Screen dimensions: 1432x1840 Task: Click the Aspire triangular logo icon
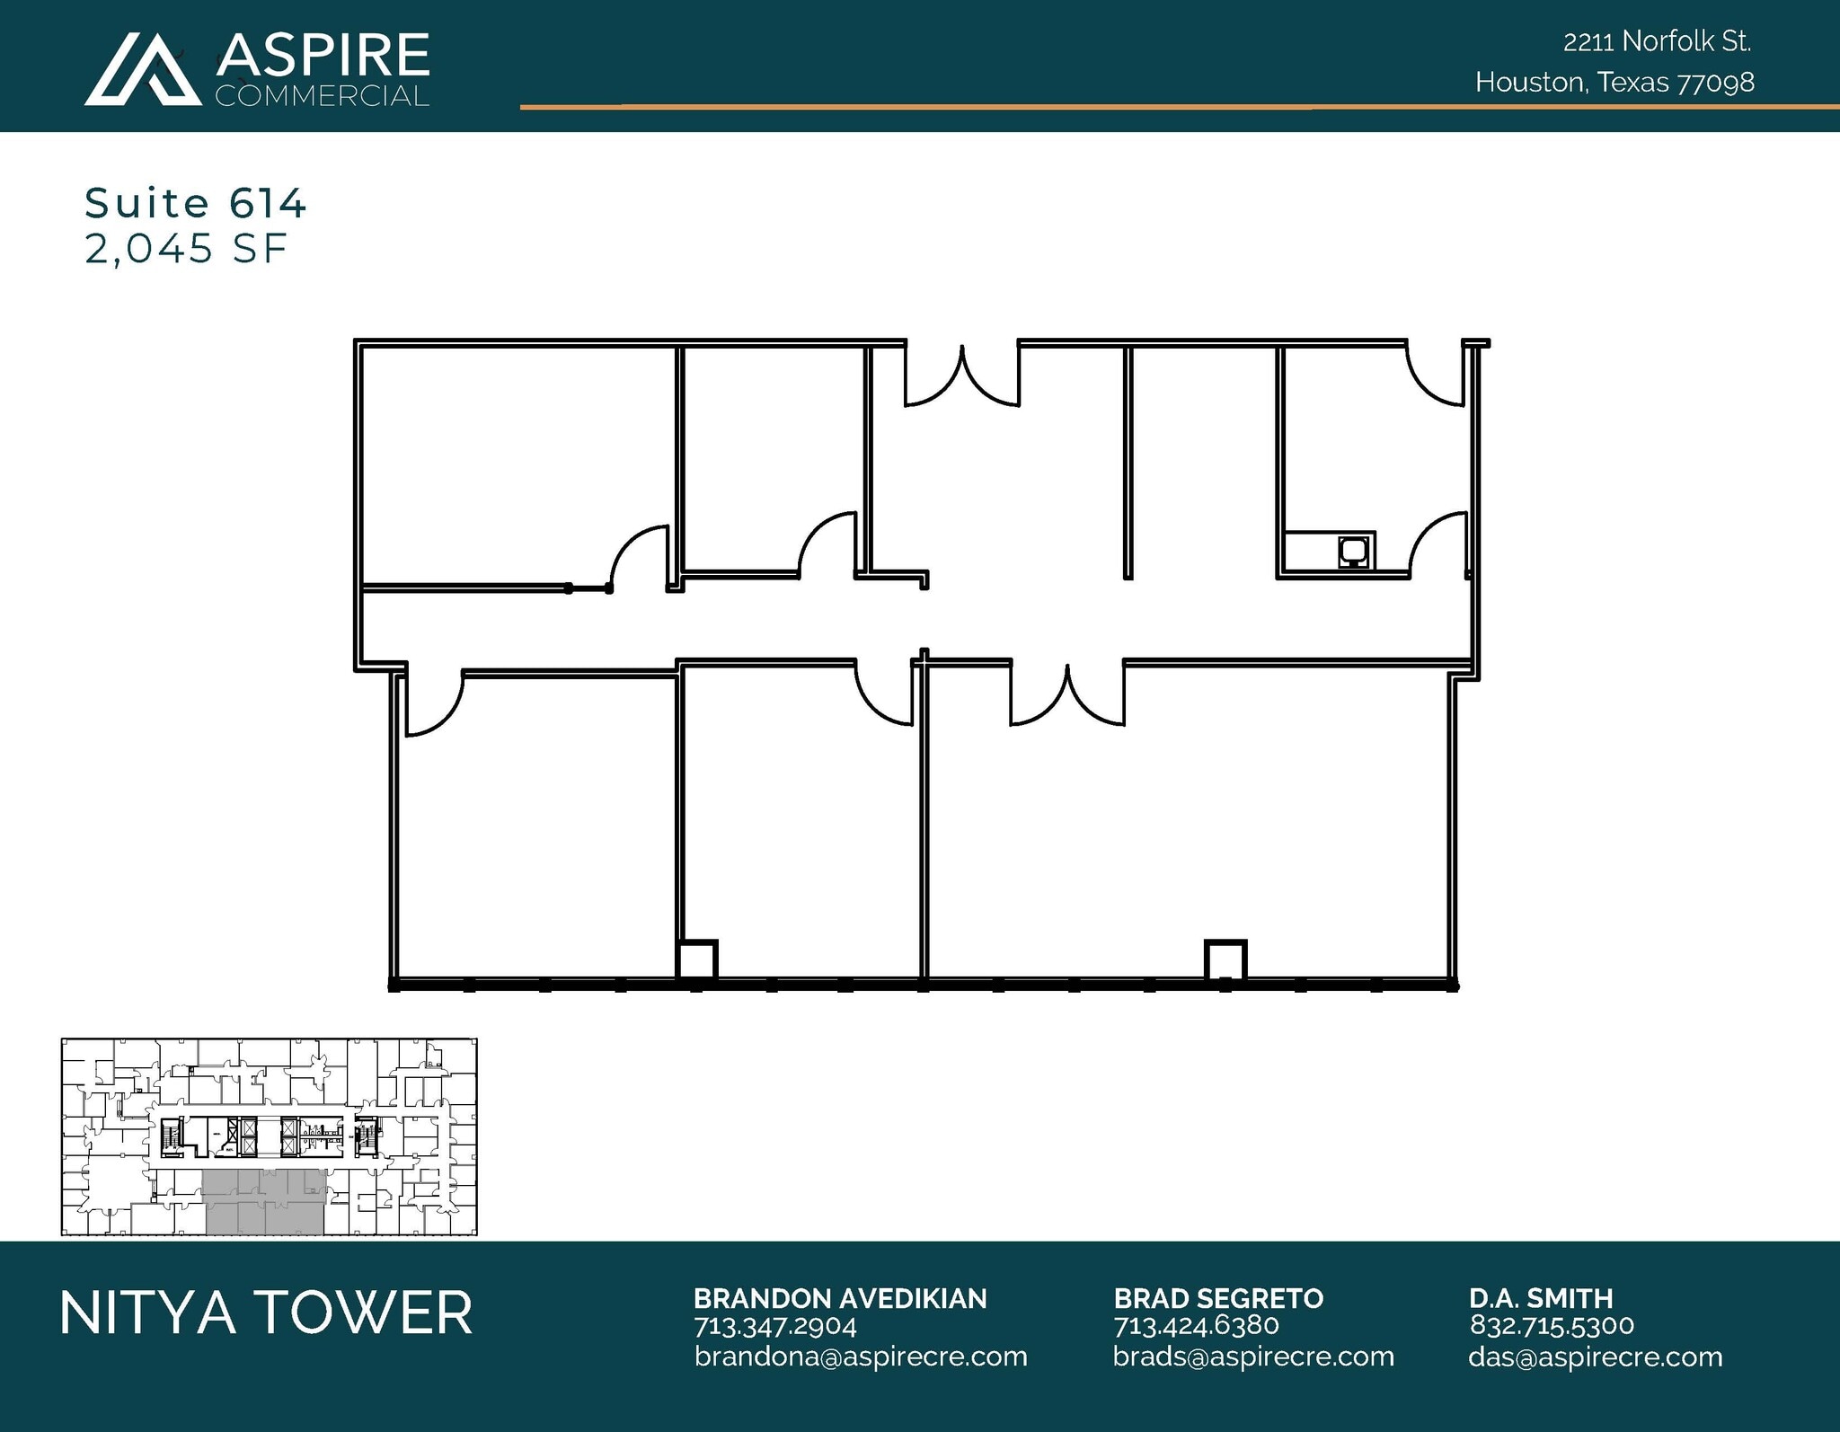click(143, 71)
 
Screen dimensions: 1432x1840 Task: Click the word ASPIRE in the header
click(323, 56)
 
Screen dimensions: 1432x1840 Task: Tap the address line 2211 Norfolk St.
click(1657, 41)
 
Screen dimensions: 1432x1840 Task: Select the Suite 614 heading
click(195, 203)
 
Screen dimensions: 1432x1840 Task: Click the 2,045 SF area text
click(186, 249)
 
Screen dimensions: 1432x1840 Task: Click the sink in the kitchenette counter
click(1353, 551)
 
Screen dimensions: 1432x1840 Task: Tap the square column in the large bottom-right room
click(1225, 960)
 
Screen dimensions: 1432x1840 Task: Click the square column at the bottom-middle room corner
click(696, 960)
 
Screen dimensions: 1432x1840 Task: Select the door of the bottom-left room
click(433, 703)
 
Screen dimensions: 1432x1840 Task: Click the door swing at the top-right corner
click(1436, 376)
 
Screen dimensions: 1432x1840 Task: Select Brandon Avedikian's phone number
click(774, 1326)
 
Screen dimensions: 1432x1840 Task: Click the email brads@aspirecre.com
click(1253, 1357)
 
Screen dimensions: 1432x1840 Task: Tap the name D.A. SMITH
click(1541, 1298)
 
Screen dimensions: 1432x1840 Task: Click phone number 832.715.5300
click(1552, 1326)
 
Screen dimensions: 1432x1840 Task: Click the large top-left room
click(517, 463)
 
